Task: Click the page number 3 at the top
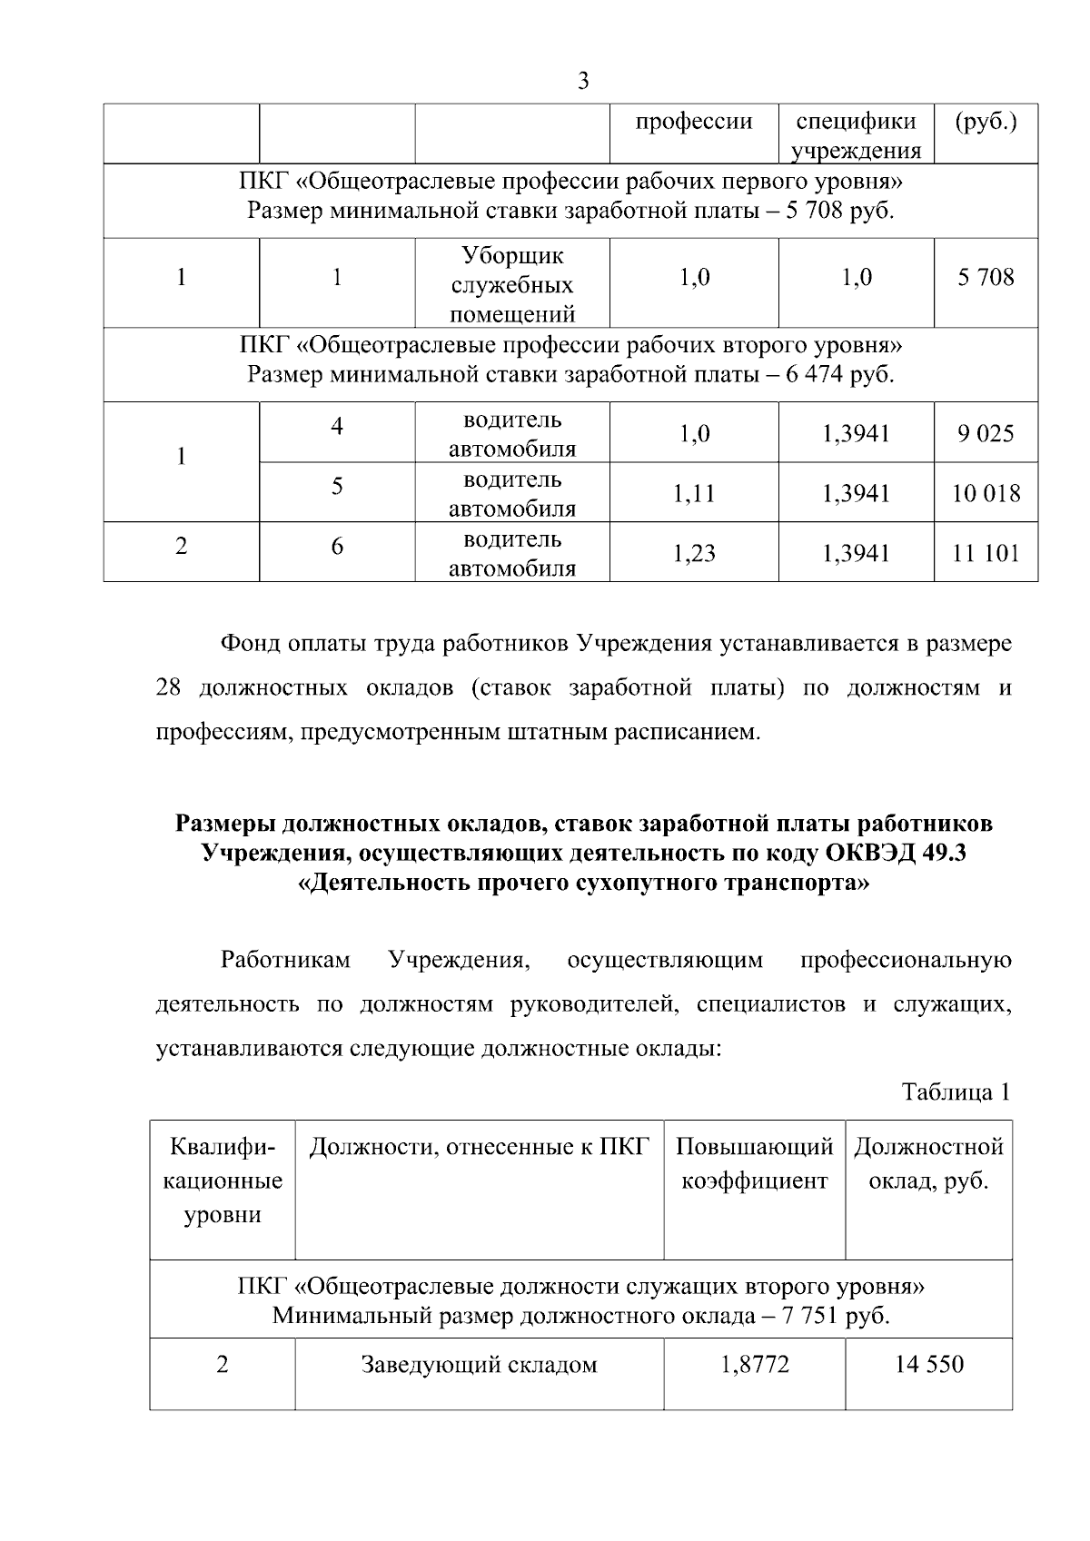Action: point(583,82)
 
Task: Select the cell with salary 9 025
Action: point(986,433)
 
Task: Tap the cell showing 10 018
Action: point(986,493)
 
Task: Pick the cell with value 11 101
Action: point(986,552)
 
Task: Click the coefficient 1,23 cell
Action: point(694,552)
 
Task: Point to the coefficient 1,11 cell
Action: point(694,493)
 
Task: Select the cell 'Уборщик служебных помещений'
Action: point(513,284)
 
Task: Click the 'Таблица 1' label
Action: point(956,1092)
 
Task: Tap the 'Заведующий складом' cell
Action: point(479,1364)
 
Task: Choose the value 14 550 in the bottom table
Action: point(928,1364)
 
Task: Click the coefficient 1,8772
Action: point(755,1364)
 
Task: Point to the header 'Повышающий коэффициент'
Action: point(755,1163)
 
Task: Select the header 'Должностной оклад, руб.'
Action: point(928,1163)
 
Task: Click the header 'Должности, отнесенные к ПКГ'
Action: point(479,1147)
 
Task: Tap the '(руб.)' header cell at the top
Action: point(986,122)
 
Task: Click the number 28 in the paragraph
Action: point(169,687)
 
